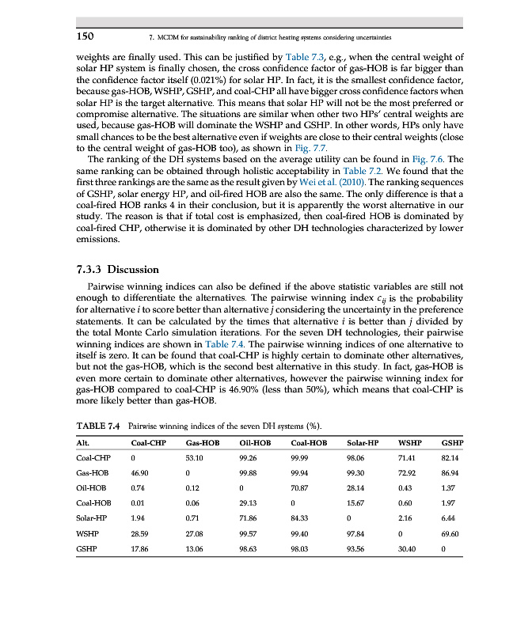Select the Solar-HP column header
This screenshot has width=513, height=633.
[363, 442]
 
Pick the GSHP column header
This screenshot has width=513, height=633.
[453, 442]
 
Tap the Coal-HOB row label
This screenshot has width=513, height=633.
[93, 503]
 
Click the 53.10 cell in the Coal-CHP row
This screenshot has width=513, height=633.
[194, 458]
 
